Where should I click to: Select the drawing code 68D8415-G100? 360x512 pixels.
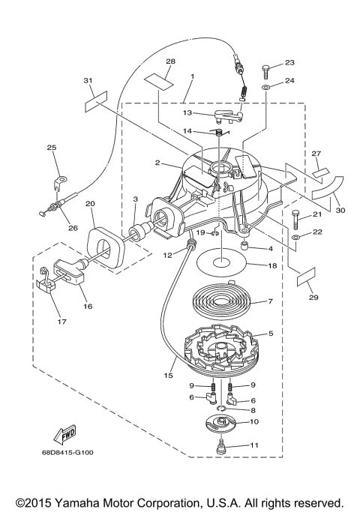point(67,453)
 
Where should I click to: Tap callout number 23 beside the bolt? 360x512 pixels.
point(289,62)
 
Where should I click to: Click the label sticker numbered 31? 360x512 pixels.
point(96,101)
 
